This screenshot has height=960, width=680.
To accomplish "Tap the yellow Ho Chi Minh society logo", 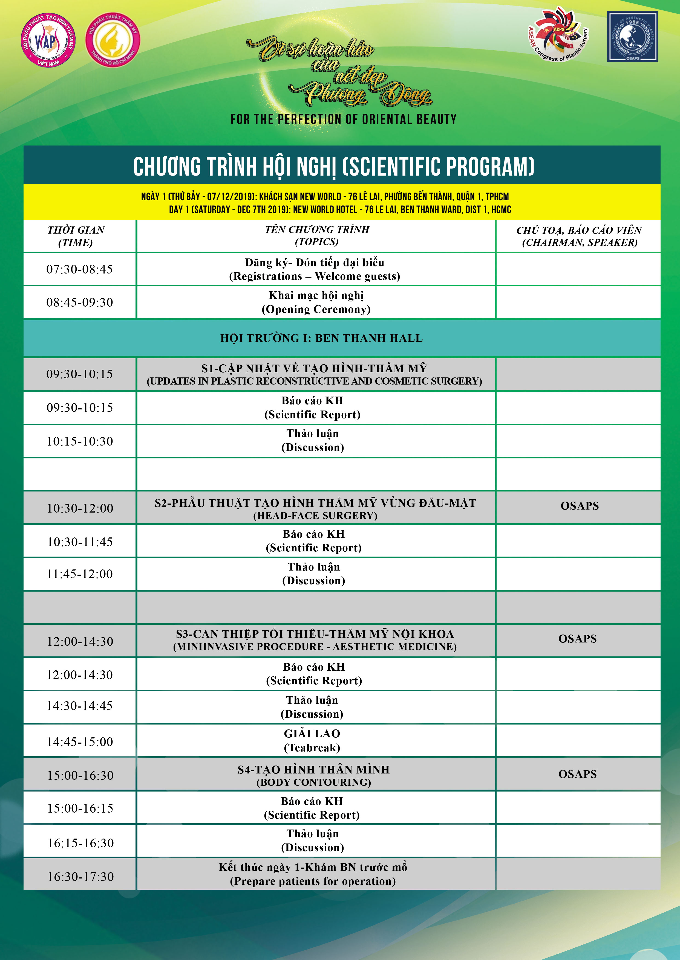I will point(113,40).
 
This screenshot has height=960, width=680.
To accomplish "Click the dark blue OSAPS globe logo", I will point(632,37).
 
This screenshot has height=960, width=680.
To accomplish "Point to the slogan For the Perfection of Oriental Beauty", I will point(343,120).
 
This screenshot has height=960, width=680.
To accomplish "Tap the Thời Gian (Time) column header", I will point(76,236).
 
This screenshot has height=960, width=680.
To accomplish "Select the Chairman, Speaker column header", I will point(579,236).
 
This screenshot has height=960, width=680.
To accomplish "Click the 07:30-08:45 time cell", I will point(80,269).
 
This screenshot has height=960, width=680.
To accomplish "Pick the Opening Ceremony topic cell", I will point(316,302).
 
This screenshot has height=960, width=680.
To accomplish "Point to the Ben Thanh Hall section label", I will point(322,338).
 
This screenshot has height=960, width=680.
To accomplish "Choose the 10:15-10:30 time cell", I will point(80,441).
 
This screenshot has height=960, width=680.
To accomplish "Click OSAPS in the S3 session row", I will point(577,639).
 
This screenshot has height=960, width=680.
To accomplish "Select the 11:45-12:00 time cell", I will point(80,574).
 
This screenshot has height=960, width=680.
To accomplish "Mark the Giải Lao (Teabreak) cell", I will point(312,740).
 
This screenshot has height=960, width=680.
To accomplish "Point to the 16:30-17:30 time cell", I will point(80,876).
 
